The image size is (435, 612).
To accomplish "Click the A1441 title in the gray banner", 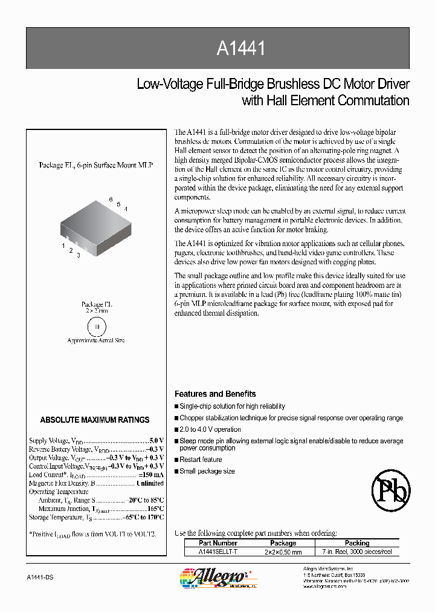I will click(x=240, y=48).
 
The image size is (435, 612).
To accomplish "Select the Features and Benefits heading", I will click(x=215, y=394).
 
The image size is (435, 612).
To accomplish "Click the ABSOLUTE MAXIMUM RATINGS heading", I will click(x=95, y=420).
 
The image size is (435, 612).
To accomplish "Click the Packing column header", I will click(x=357, y=543).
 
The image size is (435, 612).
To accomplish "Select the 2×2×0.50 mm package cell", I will click(x=283, y=552).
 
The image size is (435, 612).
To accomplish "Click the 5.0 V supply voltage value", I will click(x=156, y=441).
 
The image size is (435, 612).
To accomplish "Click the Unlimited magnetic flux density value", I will click(x=150, y=483).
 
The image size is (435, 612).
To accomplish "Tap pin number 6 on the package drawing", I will click(x=111, y=199).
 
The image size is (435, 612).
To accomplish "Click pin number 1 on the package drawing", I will click(x=63, y=246).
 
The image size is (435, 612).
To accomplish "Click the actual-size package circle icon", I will click(x=95, y=327).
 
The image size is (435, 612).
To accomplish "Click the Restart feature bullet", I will click(x=201, y=460).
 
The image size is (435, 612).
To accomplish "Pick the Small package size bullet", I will click(x=207, y=471).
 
